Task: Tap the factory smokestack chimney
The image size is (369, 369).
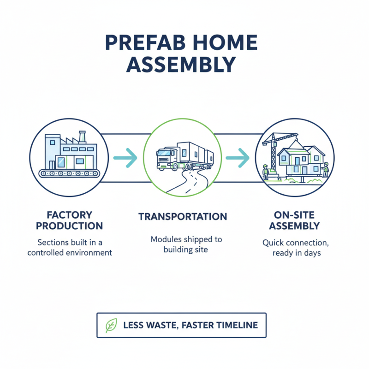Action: coord(83,137)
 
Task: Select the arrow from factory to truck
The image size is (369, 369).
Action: coord(125,158)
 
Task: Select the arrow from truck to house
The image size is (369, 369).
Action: coord(238,158)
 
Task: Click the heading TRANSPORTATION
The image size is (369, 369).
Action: coord(183,217)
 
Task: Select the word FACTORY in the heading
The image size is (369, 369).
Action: coord(70,215)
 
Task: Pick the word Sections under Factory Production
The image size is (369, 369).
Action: coord(52,242)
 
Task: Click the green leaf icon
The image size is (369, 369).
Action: coord(111,325)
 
